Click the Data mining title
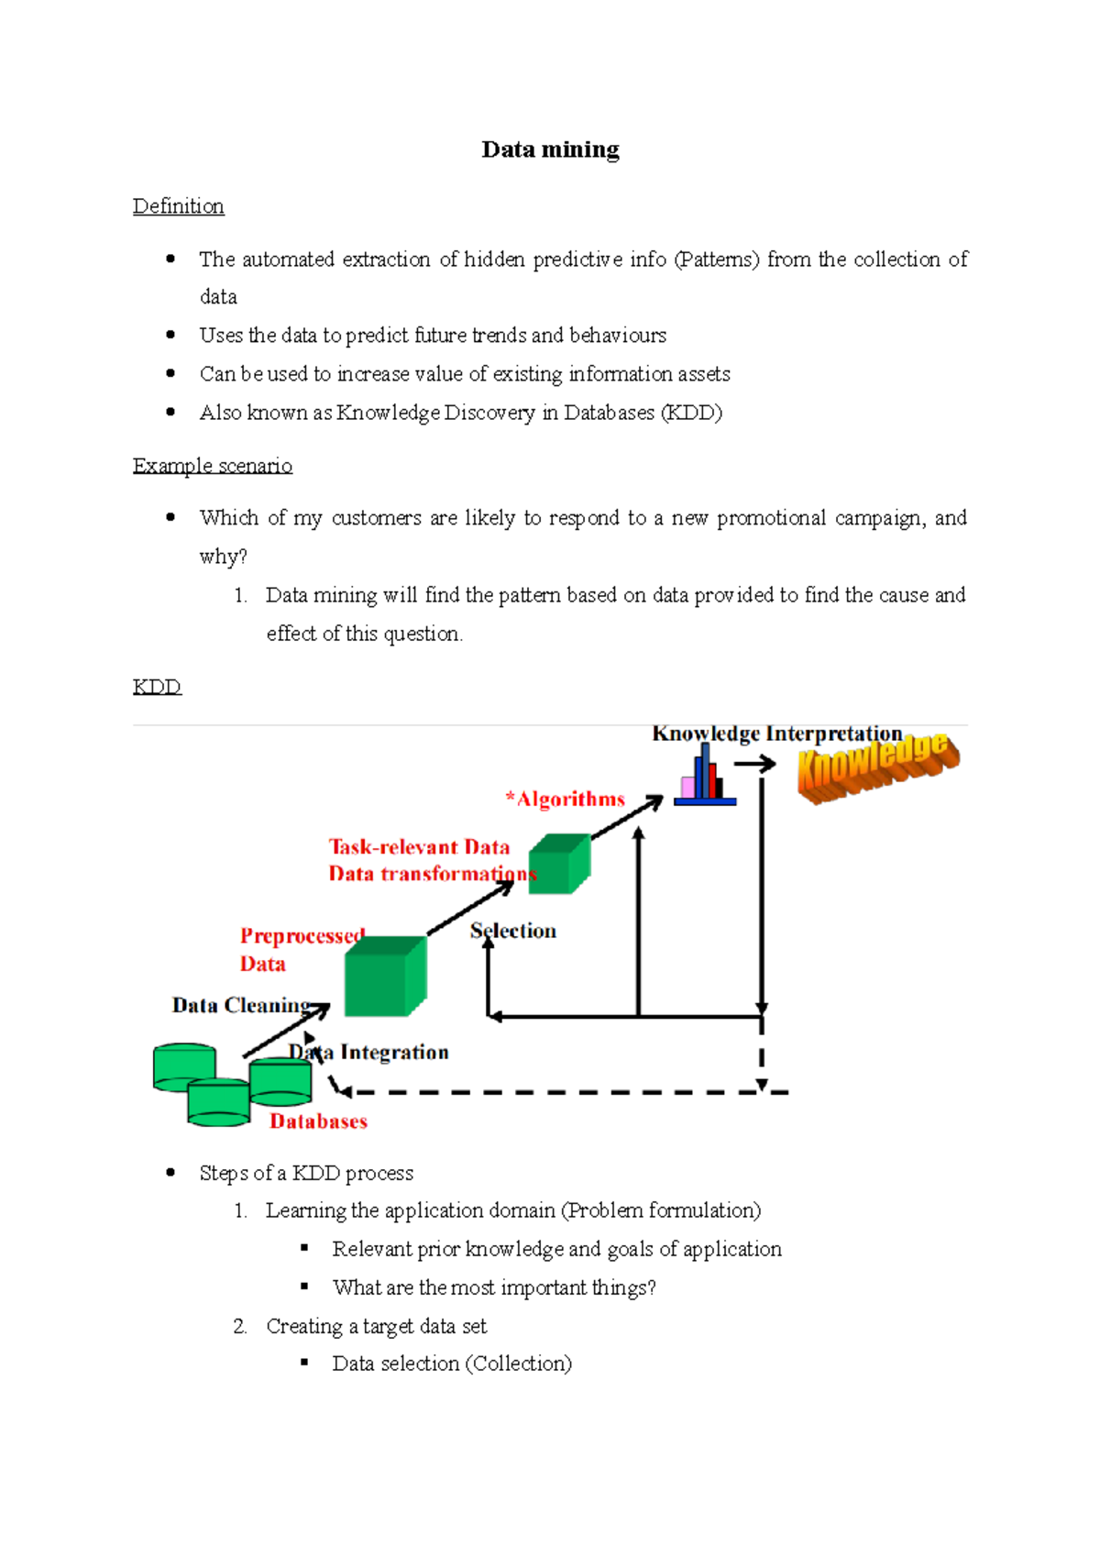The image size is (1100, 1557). point(550,149)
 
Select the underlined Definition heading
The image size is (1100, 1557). point(178,206)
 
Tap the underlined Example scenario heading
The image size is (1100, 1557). point(212,466)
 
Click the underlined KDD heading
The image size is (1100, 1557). point(157,687)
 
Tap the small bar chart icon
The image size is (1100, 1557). point(704,778)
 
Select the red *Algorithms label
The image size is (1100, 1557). point(565,800)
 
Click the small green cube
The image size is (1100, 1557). point(559,863)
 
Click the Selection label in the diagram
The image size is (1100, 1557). point(513,931)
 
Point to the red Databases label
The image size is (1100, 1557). point(318,1121)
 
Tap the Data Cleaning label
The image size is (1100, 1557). point(241,1006)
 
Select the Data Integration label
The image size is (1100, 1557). point(369,1052)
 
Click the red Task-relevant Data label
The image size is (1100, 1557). point(419,847)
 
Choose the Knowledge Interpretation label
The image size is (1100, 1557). point(776,734)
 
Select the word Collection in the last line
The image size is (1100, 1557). point(519,1364)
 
